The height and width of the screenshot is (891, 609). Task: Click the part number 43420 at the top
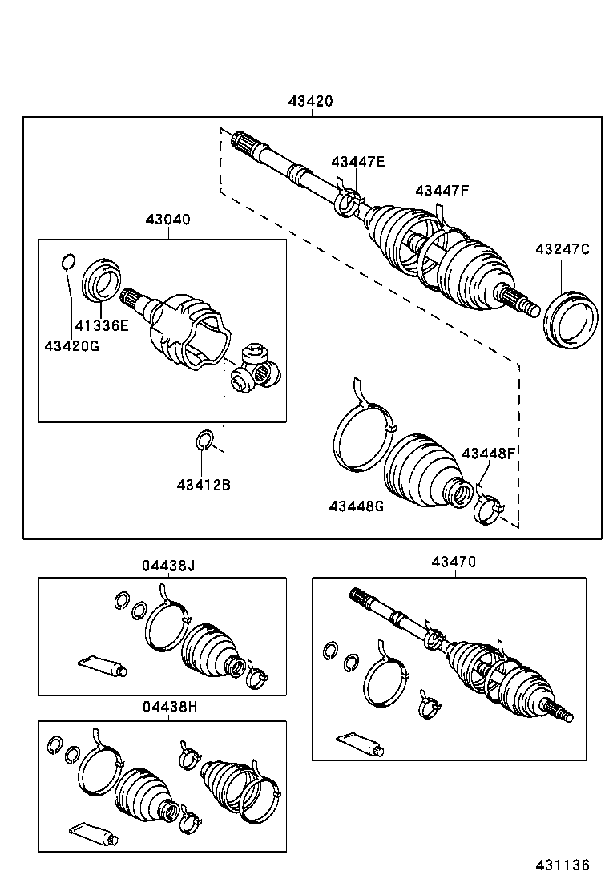pos(311,102)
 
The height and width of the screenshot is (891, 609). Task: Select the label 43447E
pos(357,161)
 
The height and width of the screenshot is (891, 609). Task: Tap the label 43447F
pos(442,190)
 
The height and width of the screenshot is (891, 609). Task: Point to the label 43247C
pos(562,249)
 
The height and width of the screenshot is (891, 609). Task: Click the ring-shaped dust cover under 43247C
pos(571,320)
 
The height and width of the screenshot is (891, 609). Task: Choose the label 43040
pos(168,219)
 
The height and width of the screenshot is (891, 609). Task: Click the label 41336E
pos(102,325)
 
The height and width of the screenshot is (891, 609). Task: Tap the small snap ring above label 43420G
pos(68,262)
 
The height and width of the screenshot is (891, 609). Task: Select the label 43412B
pos(204,484)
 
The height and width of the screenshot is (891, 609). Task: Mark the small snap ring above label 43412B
pos(204,440)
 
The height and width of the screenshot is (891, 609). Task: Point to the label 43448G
pos(356,506)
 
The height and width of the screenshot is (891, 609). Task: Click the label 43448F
pos(487,453)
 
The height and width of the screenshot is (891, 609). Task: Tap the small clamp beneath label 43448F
pos(487,508)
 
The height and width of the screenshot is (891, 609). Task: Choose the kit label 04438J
pos(169,566)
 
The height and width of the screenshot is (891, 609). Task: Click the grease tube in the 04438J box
pos(103,664)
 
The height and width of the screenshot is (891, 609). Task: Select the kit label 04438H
pos(169,707)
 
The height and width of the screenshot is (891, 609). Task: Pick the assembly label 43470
pos(454,562)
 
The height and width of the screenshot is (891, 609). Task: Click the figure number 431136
pos(563,865)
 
